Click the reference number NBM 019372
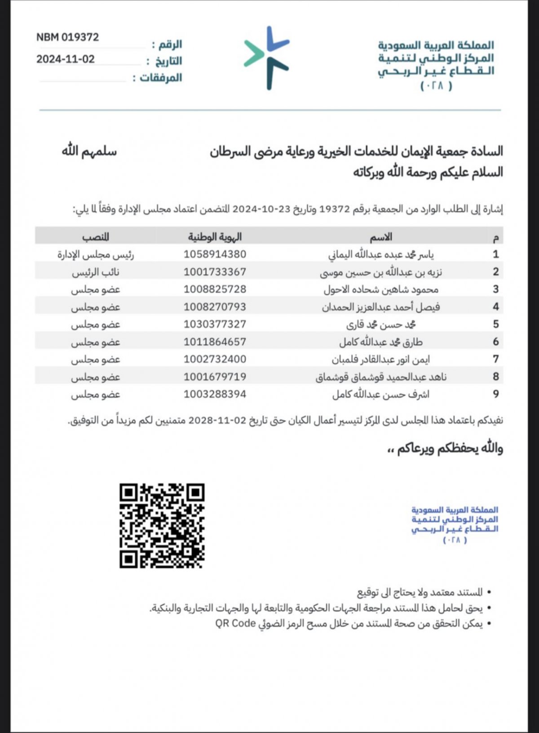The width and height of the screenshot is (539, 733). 67,37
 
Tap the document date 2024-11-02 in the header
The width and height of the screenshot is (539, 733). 66,59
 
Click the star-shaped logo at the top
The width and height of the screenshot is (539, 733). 267,58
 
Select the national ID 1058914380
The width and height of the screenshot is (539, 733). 215,254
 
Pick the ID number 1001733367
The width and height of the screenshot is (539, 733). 215,272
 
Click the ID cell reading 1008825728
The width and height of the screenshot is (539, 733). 215,289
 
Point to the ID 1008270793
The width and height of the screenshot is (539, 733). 215,307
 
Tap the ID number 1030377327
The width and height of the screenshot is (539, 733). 215,324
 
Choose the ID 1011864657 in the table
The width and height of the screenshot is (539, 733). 215,342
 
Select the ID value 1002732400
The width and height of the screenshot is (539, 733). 215,360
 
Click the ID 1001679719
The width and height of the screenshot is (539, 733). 215,377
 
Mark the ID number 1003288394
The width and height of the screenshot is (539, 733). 215,394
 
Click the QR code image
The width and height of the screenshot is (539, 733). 162,525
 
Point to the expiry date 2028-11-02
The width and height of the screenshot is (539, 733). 217,421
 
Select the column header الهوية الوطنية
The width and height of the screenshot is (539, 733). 215,237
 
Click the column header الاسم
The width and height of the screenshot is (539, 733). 381,237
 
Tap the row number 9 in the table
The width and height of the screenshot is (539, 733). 496,394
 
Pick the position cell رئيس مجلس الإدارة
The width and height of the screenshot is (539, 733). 95,254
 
